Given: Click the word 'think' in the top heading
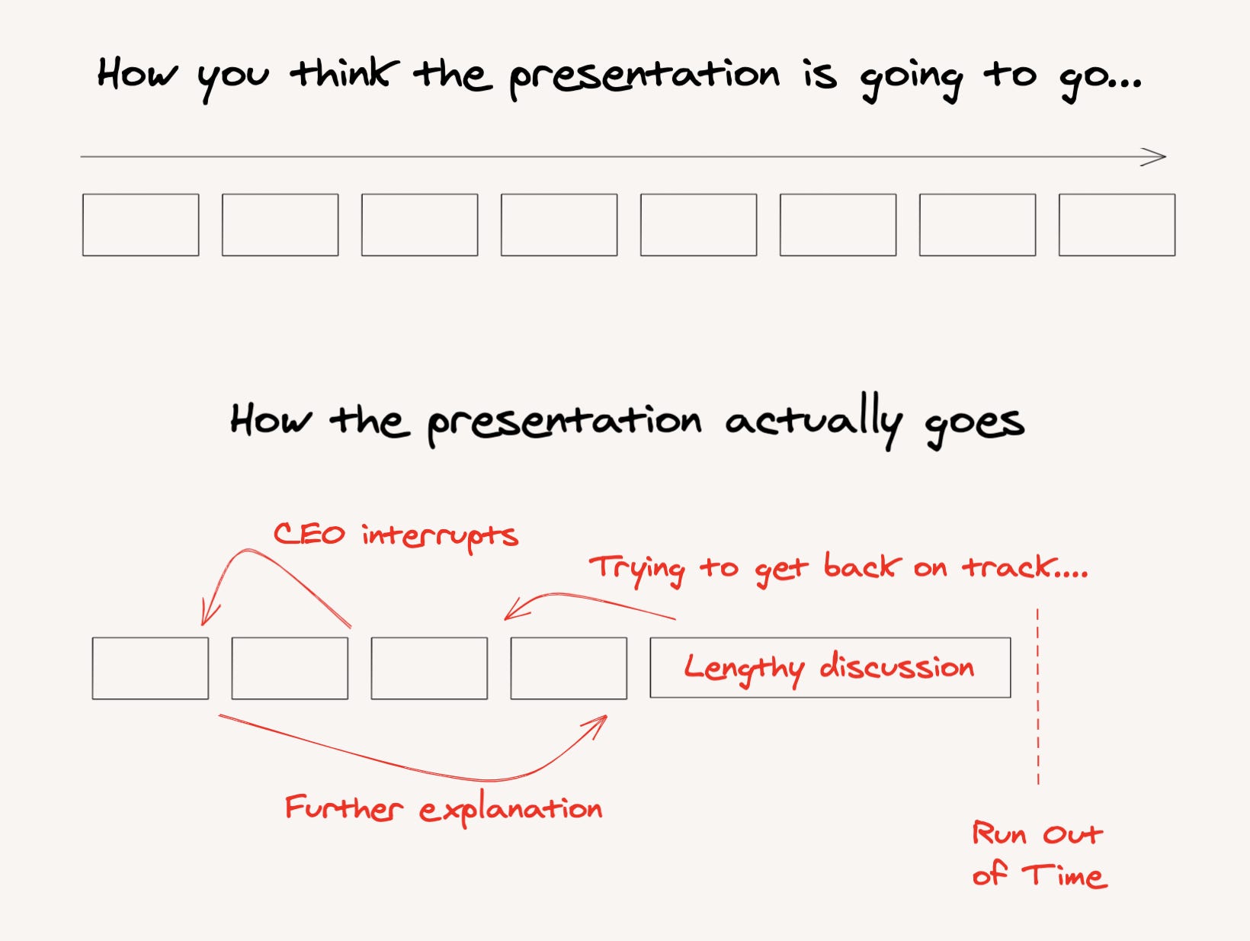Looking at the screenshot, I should click(x=344, y=75).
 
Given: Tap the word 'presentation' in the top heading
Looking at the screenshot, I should click(x=644, y=76).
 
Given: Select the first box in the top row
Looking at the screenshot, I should click(x=141, y=225).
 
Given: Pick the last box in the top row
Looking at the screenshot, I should click(x=1117, y=225).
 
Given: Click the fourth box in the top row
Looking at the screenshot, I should click(x=559, y=225).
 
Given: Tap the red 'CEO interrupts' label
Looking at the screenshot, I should click(x=396, y=535).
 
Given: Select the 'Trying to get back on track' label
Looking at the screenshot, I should click(x=838, y=568).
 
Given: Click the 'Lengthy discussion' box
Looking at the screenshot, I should click(x=830, y=668).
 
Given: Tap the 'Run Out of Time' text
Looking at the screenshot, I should click(x=1039, y=854).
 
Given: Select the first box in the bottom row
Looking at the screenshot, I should click(x=150, y=669).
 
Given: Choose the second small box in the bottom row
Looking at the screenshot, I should click(x=290, y=669).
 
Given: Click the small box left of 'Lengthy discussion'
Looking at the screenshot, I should click(x=569, y=669).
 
